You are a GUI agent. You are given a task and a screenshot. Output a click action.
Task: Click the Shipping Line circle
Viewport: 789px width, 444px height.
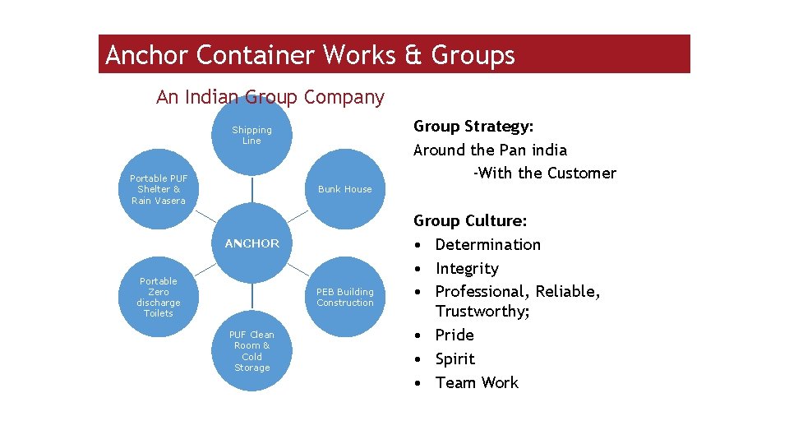pyautogui.click(x=251, y=136)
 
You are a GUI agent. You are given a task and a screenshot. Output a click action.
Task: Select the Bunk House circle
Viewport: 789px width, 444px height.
pyautogui.click(x=345, y=189)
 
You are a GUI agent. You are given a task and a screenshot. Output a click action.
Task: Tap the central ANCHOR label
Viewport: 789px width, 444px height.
pyautogui.click(x=252, y=243)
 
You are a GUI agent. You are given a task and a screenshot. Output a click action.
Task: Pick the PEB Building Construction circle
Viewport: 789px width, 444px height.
pyautogui.click(x=345, y=297)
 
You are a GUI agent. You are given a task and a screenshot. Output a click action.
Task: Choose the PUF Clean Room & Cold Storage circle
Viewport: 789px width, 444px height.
pyautogui.click(x=251, y=351)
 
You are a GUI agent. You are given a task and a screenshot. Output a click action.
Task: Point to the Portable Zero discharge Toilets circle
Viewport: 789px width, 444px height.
pyautogui.click(x=159, y=297)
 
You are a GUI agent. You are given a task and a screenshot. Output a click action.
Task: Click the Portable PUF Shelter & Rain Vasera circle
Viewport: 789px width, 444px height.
pyautogui.click(x=159, y=189)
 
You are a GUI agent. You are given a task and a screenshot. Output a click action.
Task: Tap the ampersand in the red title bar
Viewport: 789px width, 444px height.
pyautogui.click(x=412, y=55)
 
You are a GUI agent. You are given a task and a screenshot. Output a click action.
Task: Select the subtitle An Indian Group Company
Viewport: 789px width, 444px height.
pyautogui.click(x=270, y=97)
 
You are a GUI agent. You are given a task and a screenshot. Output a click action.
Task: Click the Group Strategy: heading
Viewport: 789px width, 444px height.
pyautogui.click(x=473, y=126)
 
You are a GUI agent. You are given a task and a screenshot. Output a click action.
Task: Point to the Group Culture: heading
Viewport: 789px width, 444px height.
pyautogui.click(x=470, y=220)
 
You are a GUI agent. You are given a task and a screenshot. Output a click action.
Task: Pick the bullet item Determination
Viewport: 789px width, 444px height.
pyautogui.click(x=487, y=244)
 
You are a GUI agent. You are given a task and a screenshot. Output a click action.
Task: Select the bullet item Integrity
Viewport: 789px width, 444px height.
pyautogui.click(x=467, y=268)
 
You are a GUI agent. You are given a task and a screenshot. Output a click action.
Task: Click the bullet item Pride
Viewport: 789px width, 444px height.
pyautogui.click(x=454, y=335)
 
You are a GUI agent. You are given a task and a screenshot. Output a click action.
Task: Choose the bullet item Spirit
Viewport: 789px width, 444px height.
pyautogui.click(x=455, y=358)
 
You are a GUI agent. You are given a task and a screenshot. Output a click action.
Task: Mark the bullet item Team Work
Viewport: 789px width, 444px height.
pyautogui.click(x=477, y=382)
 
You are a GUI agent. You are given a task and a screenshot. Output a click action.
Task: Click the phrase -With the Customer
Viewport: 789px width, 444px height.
pyautogui.click(x=544, y=173)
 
